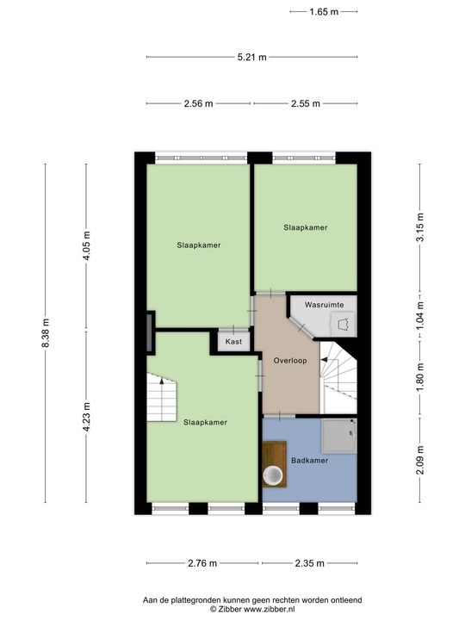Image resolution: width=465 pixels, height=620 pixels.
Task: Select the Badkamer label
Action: pos(308,462)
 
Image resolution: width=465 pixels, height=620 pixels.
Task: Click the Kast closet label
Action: pos(233,342)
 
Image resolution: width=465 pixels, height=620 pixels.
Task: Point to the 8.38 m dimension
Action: pos(46,333)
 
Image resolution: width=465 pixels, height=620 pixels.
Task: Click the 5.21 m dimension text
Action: pos(251,58)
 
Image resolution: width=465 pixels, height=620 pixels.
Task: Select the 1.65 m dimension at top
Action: pos(323,12)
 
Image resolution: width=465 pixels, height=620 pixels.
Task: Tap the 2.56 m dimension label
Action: pos(198,103)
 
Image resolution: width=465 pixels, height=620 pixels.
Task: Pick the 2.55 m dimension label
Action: pos(305,103)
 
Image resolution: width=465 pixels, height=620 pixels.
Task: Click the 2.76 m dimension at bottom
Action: pos(201,563)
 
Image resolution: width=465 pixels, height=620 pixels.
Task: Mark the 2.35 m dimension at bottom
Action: pos(308,563)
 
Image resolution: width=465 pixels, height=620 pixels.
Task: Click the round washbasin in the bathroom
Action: pos(274,474)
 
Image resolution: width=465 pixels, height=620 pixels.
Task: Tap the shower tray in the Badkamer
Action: pos(338,435)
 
